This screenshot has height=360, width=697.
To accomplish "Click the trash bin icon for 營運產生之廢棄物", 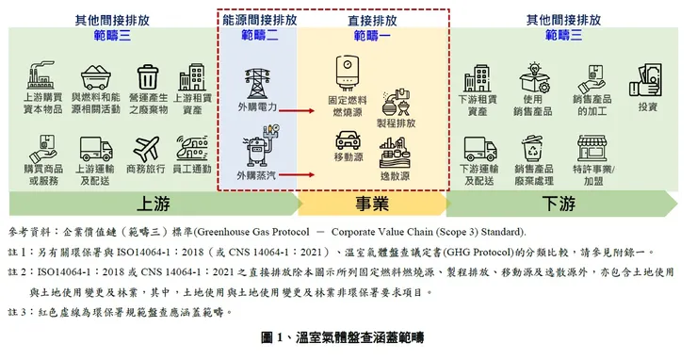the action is point(148,75).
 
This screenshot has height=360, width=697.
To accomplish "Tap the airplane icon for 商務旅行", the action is point(148,149).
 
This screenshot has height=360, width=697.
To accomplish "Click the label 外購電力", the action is point(256,109).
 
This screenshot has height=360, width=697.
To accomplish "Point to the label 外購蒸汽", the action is point(256,176).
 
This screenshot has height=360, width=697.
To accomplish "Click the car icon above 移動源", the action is point(348,142).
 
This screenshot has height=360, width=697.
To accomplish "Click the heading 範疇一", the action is point(374,36).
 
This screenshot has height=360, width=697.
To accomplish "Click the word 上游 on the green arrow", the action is point(154,204).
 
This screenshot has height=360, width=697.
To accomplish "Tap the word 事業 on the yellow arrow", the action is point(374,204).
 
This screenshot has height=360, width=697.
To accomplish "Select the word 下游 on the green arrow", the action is point(559,204).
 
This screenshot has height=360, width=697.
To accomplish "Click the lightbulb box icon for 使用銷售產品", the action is point(533,75).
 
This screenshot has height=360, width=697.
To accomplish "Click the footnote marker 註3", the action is point(18,310).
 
